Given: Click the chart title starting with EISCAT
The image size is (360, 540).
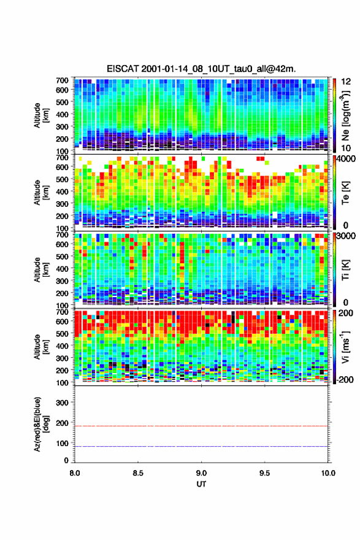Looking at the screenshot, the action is (201, 69).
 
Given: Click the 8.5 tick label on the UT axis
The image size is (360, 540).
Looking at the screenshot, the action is (138, 473).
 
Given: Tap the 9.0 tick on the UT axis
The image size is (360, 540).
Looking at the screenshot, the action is (201, 473).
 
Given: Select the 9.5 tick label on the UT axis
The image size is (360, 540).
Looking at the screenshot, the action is (265, 473).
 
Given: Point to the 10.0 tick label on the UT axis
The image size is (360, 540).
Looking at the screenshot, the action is (328, 473).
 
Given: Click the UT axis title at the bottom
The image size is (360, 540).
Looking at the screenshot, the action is (201, 484).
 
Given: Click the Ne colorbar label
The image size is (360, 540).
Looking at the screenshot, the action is (345, 115).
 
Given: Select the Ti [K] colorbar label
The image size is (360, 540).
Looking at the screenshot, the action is (345, 270).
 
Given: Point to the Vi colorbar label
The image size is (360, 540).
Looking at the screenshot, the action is (345, 347).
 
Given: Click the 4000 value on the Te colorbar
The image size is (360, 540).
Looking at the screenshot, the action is (345, 159).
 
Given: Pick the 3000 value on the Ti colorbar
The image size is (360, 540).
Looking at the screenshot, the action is (345, 236).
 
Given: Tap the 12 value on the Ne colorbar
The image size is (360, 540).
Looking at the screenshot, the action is (346, 82).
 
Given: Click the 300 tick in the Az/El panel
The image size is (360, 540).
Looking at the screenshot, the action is (63, 403).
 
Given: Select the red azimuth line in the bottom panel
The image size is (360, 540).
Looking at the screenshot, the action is (201, 426).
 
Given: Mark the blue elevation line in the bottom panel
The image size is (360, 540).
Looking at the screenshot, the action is (201, 446).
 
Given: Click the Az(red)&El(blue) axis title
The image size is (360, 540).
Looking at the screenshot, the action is (41, 424).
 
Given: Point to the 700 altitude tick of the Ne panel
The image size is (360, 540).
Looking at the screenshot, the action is (63, 80).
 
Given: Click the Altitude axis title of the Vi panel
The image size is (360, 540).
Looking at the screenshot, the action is (41, 347).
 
